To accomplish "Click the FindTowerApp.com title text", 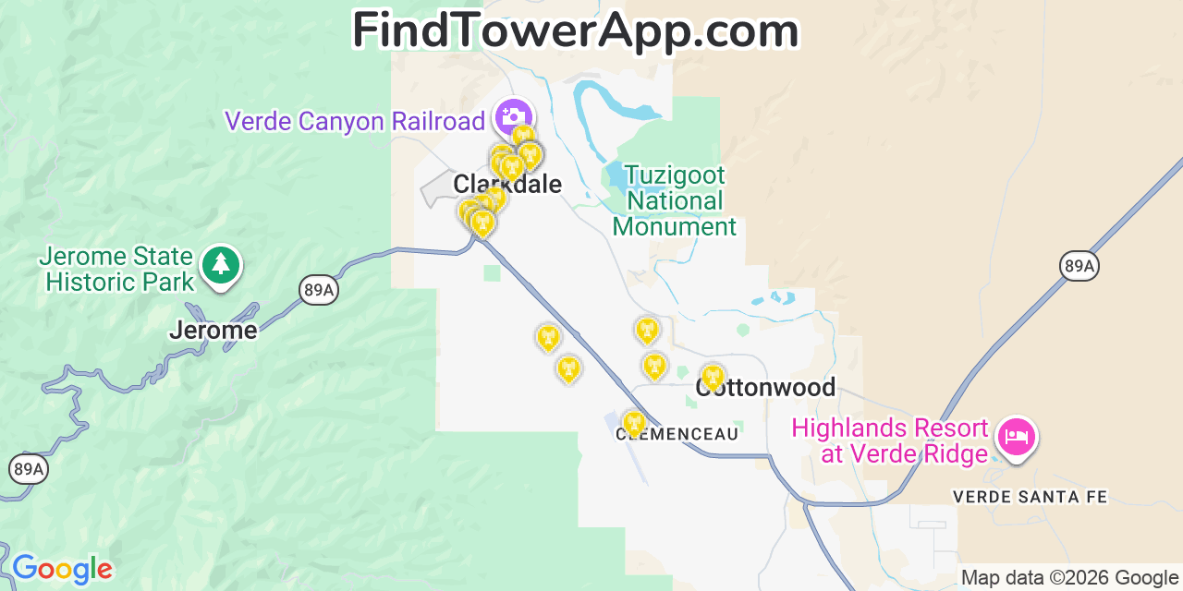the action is [575, 31].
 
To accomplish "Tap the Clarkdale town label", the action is [507, 185].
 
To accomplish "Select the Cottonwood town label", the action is [766, 388].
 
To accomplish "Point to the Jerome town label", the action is [213, 330].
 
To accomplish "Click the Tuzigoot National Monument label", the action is [674, 201].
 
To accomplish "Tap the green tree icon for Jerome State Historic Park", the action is [220, 265].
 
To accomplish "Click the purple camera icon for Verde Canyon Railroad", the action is [512, 117].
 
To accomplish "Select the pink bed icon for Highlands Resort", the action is [1017, 436].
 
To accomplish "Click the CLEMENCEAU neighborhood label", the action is [677, 433].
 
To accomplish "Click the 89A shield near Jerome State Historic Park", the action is [318, 291].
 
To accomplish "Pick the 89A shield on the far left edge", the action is [28, 469].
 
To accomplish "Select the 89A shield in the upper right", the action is [1079, 267].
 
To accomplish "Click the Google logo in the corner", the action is [61, 569].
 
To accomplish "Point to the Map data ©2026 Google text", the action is [1069, 578].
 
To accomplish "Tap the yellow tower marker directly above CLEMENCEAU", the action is [634, 423].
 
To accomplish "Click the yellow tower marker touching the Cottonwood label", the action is [712, 376].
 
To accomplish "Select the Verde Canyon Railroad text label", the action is [355, 121].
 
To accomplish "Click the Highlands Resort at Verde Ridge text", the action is [890, 441].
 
